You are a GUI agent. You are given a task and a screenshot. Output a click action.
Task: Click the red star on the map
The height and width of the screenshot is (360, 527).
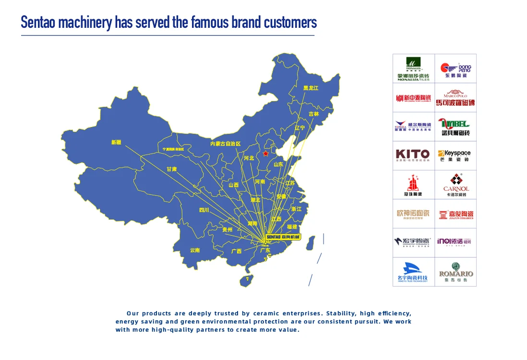tap(265, 154)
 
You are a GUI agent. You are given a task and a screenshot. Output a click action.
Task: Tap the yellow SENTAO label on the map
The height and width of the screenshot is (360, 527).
tap(283, 237)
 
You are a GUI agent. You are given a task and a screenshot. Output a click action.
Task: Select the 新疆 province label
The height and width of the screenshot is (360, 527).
tap(116, 142)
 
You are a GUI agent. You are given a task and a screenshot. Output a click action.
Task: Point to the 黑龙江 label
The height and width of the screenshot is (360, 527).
tap(311, 88)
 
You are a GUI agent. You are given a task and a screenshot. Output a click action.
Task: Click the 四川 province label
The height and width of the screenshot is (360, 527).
tap(204, 210)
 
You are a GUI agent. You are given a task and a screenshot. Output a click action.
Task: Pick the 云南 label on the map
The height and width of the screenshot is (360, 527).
tap(195, 250)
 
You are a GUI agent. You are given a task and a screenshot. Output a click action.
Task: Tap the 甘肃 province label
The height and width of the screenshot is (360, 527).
tap(171, 169)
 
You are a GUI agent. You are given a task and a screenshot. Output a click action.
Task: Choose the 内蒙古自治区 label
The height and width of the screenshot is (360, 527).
tap(225, 144)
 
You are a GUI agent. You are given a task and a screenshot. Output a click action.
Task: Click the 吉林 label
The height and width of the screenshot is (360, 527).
tap(313, 114)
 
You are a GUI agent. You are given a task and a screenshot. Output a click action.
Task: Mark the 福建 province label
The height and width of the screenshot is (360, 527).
tap(292, 227)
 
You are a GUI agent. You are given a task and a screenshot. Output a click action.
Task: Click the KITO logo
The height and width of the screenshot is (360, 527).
tap(413, 156)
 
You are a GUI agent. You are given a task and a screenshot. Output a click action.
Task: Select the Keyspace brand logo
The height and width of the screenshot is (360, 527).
tap(455, 156)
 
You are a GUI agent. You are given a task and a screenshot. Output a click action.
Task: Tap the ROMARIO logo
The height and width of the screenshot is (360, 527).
tap(455, 272)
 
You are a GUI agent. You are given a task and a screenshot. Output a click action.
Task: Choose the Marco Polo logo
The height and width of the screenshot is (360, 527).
tap(455, 97)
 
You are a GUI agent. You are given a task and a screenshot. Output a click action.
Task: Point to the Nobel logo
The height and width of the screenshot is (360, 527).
tap(455, 127)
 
